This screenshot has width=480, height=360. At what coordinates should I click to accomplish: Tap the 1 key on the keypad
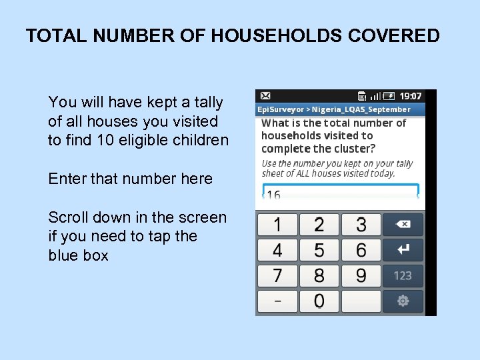[x=277, y=225]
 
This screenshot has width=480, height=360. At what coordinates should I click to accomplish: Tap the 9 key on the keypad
[x=361, y=275]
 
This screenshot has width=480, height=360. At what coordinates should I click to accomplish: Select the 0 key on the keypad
[x=319, y=301]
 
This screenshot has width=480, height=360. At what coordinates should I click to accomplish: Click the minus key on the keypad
[x=277, y=301]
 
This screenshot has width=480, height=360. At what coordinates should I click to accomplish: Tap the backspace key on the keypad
[x=403, y=225]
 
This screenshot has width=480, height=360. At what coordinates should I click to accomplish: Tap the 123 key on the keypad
[x=403, y=275]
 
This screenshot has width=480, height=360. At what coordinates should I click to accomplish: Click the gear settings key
[x=403, y=301]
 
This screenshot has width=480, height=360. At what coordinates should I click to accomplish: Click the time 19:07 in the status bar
[x=411, y=97]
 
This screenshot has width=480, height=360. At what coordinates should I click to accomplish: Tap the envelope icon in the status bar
[x=265, y=97]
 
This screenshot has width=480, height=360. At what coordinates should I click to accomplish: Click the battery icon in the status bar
[x=389, y=97]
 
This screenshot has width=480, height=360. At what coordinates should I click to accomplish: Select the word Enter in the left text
[x=64, y=179]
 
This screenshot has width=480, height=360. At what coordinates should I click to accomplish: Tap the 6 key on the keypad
[x=361, y=250]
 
